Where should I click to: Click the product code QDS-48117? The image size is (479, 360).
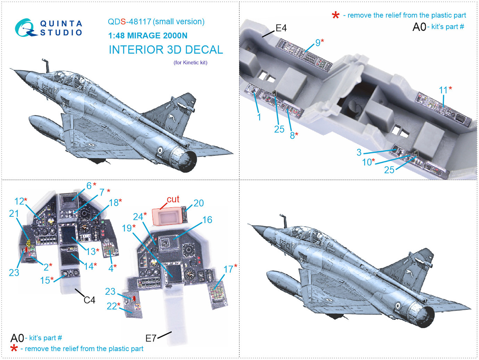point(130,22)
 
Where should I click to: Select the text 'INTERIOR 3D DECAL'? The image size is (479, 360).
point(166,50)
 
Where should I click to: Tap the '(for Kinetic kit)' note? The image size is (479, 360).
point(190,63)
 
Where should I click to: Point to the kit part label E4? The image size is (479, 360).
point(281,28)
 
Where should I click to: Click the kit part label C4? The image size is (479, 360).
point(90,300)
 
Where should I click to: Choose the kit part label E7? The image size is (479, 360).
point(151,338)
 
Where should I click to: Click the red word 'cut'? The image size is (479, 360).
point(173,199)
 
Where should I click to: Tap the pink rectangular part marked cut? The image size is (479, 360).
point(167,216)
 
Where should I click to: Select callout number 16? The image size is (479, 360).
point(207,220)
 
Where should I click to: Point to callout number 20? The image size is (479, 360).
point(198,203)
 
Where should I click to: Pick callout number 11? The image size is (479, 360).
point(443,90)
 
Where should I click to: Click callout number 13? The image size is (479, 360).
point(91,252)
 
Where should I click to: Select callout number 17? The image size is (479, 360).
point(228,269)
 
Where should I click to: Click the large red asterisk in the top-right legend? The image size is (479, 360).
point(336,15)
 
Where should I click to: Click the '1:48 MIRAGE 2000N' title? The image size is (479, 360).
point(148,36)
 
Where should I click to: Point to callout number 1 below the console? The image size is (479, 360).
point(259,117)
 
